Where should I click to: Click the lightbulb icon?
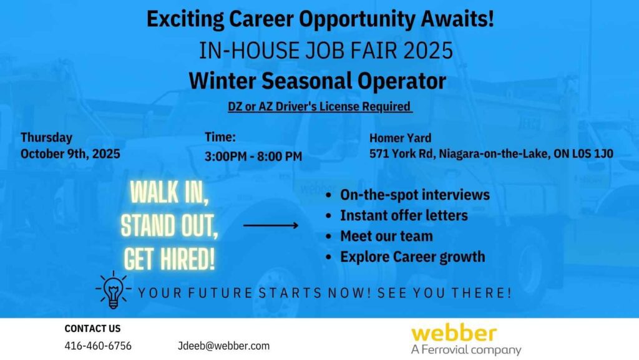click(114, 289)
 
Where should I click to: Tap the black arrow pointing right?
click(271, 225)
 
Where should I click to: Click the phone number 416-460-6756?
click(98, 346)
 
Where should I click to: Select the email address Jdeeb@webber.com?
click(224, 346)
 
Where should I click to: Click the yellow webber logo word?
click(454, 334)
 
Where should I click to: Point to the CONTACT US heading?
click(92, 328)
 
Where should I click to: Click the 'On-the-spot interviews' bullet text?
click(415, 195)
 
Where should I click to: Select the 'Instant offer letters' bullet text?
click(404, 215)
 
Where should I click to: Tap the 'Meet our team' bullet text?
click(386, 236)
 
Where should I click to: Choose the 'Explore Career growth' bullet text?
click(412, 257)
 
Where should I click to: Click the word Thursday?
click(46, 138)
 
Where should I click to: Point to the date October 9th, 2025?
click(70, 154)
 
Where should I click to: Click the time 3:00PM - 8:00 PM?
click(253, 157)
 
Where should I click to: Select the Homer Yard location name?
click(400, 138)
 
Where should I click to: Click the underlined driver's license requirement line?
click(320, 107)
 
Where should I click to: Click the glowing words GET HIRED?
click(169, 259)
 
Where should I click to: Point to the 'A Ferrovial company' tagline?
click(466, 350)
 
